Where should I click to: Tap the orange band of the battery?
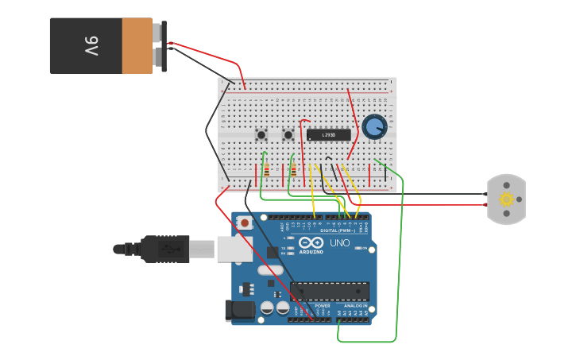(137, 46)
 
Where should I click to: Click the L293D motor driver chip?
(328, 135)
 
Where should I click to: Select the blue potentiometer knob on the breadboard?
(374, 126)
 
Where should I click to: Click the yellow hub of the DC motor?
(506, 199)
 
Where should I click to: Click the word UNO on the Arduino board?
(340, 242)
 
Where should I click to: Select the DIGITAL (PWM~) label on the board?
(338, 230)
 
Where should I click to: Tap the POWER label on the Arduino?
(323, 306)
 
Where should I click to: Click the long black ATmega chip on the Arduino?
(329, 292)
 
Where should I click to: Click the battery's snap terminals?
(164, 46)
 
